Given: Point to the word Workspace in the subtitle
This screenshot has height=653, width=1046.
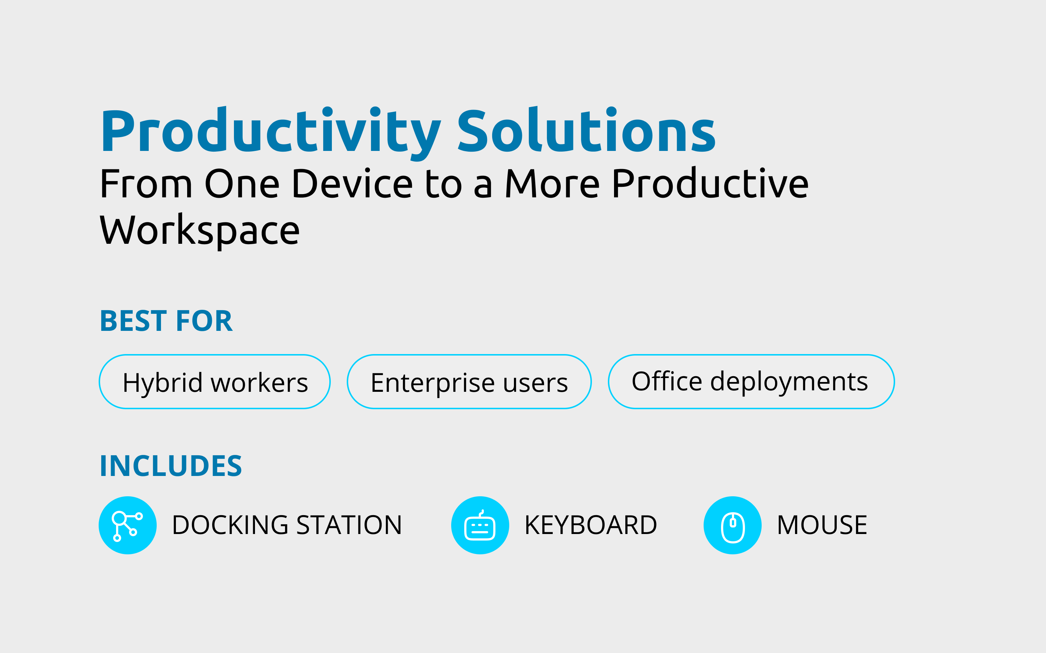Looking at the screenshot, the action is coord(199,231).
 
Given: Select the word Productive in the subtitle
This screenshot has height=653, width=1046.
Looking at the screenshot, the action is coord(711,183).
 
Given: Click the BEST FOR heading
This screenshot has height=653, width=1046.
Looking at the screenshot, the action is coord(166,321).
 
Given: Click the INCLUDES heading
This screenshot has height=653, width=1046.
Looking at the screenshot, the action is coord(171,466).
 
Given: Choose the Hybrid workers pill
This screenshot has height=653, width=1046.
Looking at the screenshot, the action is coord(215,382).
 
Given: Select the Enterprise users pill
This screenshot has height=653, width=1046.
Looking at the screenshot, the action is coord(469,382).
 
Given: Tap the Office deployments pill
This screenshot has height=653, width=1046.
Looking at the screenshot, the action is coord(751,382).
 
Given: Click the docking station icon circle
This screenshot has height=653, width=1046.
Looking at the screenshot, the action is coord(128,525).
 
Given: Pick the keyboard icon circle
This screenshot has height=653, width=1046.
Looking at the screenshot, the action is coord(480,525).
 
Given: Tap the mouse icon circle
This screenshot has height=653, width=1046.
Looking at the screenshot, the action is coord(733,525).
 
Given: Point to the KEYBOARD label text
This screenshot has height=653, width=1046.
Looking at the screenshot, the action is coord(590,525).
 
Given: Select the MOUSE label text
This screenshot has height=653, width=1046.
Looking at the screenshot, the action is coord(822,525).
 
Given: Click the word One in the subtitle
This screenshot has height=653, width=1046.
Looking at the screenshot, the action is coord(242,184).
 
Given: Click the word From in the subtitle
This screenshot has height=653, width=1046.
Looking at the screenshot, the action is coord(146,184).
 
